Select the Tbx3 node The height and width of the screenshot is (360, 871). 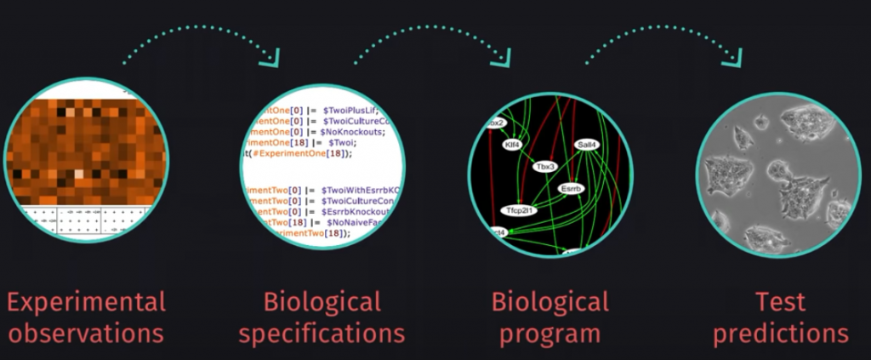click(x=544, y=167)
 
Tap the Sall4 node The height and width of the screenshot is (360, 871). click(x=585, y=146)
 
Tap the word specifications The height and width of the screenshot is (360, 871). click(x=322, y=333)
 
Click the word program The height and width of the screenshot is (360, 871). click(x=550, y=333)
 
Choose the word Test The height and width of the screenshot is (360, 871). click(x=781, y=302)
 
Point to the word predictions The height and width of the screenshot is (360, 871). click(x=781, y=333)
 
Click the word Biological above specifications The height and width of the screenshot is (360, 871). click(x=322, y=302)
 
